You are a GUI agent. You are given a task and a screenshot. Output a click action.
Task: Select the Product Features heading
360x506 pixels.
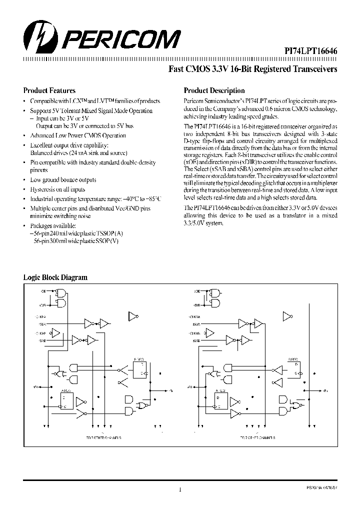pos(49,91)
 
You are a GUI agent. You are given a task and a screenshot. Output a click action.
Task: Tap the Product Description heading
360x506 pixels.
pos(214,91)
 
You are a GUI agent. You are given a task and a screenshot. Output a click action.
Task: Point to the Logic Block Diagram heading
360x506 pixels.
pos(55,277)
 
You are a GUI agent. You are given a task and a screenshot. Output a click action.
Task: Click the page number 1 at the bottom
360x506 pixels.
pos(179,490)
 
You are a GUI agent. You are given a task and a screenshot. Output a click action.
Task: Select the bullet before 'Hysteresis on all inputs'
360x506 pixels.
pos(25,189)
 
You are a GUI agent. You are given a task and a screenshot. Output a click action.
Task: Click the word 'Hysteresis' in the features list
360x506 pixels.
pos(42,189)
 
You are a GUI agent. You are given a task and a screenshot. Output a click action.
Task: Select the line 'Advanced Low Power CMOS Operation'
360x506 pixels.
pos(78,135)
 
